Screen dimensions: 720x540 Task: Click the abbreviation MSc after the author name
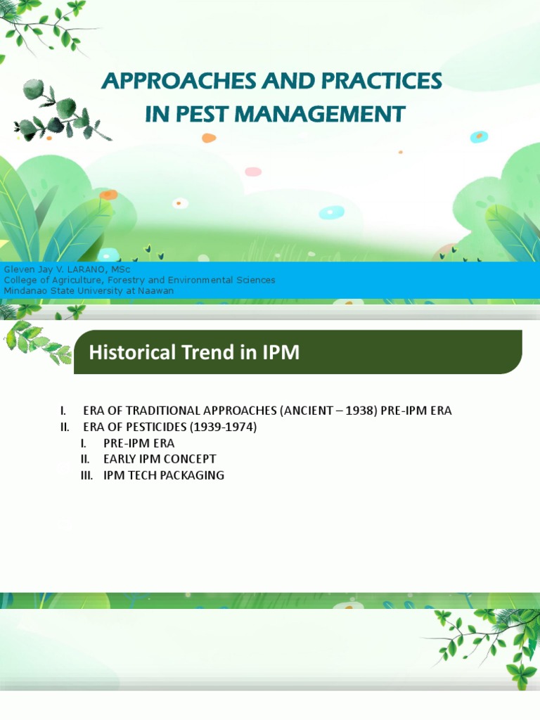tap(120, 269)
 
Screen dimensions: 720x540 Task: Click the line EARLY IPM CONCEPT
tap(160, 459)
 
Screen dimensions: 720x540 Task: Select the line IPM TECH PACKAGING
tap(163, 475)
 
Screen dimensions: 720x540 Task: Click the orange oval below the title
tap(209, 138)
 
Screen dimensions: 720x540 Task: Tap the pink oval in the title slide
tap(253, 172)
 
